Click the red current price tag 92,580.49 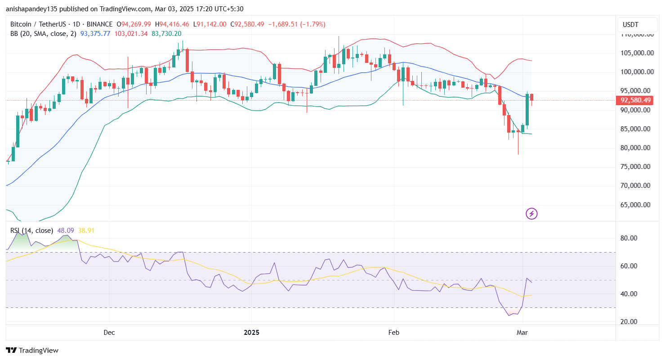tap(636, 100)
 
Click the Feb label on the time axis tap(394, 333)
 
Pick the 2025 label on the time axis tap(251, 333)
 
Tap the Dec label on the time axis tap(109, 333)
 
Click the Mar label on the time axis tap(522, 333)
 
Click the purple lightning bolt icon tap(531, 213)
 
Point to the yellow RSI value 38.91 tap(86, 231)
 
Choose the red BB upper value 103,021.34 tap(131, 33)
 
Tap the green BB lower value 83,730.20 tap(166, 33)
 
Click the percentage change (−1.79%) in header tap(313, 24)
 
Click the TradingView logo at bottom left tap(32, 350)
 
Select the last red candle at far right tap(532, 97)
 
